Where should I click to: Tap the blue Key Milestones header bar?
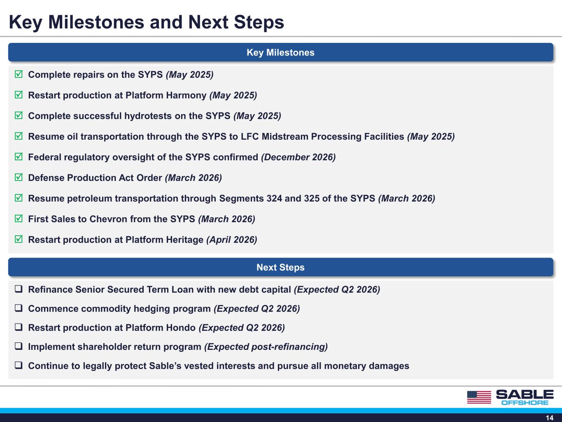[281, 52]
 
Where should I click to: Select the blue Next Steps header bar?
[281, 267]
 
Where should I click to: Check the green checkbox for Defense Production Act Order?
[19, 177]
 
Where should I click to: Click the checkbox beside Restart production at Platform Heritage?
[19, 239]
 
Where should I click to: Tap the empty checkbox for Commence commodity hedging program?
[19, 308]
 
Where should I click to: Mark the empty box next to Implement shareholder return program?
[19, 346]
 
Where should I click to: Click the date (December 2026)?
[298, 157]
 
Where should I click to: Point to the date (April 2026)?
[232, 239]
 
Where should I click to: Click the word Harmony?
[186, 95]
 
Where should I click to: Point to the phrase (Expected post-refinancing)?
[266, 347]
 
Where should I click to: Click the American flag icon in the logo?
[479, 397]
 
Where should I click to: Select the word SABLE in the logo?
[525, 394]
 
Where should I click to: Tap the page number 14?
[550, 418]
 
